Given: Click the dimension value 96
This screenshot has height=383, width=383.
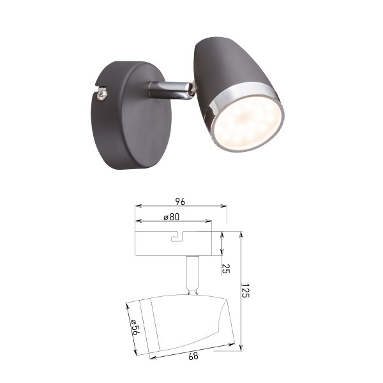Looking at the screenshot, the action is (x=180, y=202).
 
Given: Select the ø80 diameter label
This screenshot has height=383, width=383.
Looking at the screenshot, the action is (x=172, y=217).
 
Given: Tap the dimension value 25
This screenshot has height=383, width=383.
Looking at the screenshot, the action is (x=225, y=269).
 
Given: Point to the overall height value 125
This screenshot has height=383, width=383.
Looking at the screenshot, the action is (x=245, y=290).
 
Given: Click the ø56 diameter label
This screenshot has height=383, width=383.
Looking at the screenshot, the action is (x=135, y=327).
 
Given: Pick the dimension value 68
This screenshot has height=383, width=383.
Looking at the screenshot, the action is (x=193, y=356).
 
